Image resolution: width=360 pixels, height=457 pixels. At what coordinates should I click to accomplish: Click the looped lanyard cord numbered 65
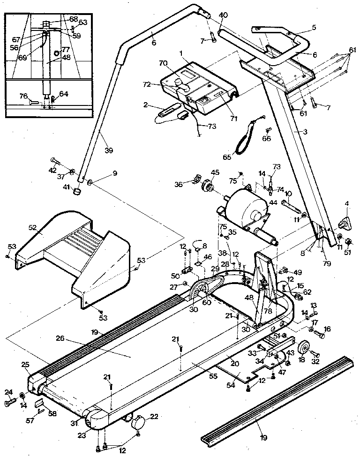point(244,138)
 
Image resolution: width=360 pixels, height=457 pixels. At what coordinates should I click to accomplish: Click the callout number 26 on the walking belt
point(59,338)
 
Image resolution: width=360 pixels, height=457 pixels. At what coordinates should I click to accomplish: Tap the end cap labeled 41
point(75,192)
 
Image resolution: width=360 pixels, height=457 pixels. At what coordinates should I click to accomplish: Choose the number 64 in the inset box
point(64,94)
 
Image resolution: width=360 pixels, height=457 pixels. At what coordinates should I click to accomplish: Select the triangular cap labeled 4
point(345,221)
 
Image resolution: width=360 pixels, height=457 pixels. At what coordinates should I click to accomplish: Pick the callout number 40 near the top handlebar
point(223,15)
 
